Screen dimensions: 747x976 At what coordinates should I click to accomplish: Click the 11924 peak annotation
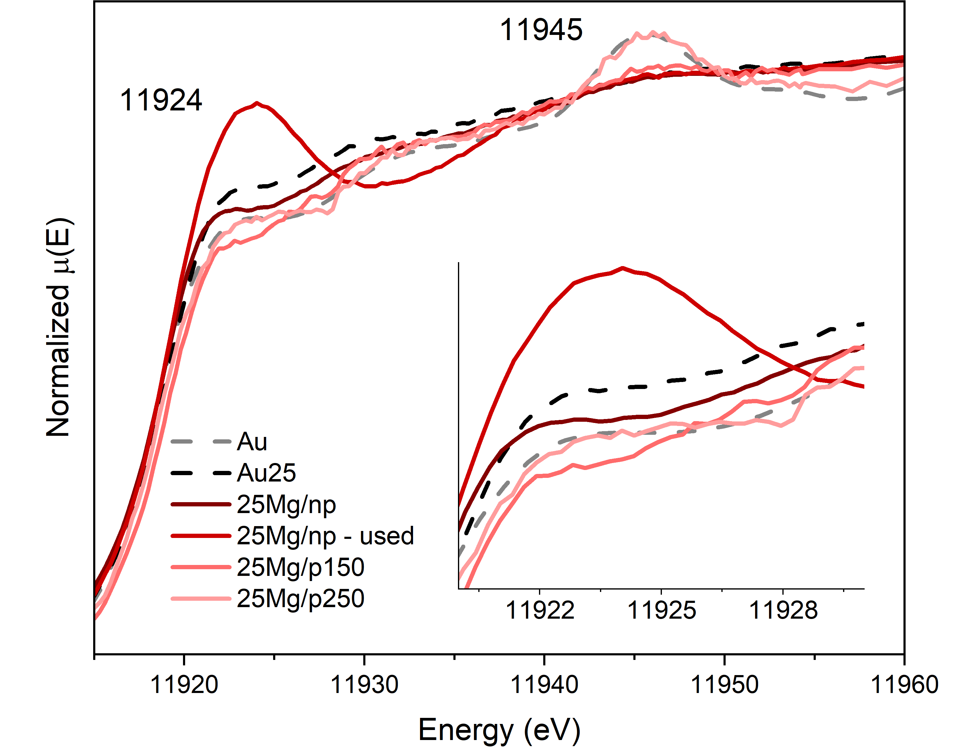(161, 100)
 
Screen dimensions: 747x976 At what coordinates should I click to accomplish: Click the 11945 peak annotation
(541, 30)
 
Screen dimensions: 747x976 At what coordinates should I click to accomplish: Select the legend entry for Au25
(266, 473)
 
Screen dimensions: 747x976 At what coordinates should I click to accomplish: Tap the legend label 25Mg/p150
(300, 567)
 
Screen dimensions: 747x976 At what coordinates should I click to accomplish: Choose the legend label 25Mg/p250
(300, 598)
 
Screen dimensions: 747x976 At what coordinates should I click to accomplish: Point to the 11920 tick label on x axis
(184, 684)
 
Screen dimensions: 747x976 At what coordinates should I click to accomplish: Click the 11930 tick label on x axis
(364, 684)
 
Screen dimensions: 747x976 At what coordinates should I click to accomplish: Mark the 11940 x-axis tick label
(544, 684)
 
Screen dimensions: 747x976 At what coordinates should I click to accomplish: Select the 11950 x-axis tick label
(724, 684)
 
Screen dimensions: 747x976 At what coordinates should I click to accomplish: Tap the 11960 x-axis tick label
(904, 684)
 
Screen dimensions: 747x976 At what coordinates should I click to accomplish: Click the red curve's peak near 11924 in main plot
(256, 103)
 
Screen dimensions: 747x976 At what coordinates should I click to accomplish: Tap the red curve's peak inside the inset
(622, 268)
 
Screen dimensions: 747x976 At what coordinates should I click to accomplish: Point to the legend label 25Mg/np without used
(286, 504)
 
